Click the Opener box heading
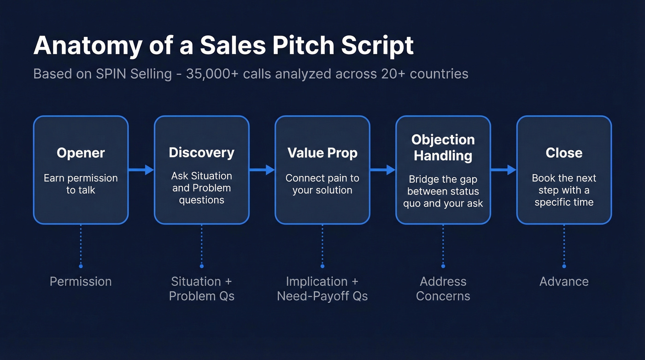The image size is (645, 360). pyautogui.click(x=81, y=153)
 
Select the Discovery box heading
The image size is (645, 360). pyautogui.click(x=201, y=153)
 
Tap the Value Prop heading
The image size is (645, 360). pyautogui.click(x=322, y=153)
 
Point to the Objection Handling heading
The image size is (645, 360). pyautogui.click(x=443, y=148)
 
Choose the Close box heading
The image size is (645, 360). pyautogui.click(x=564, y=153)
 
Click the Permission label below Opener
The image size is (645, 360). pyautogui.click(x=81, y=282)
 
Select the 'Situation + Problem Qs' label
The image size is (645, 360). pyautogui.click(x=201, y=289)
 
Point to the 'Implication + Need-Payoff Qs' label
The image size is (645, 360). pyautogui.click(x=322, y=289)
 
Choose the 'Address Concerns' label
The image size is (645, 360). pyautogui.click(x=443, y=289)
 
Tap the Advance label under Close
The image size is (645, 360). pyautogui.click(x=564, y=282)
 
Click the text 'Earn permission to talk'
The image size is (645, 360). pyautogui.click(x=81, y=184)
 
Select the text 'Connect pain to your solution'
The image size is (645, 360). pyautogui.click(x=322, y=184)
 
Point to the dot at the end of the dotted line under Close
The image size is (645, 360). pyautogui.click(x=564, y=266)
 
